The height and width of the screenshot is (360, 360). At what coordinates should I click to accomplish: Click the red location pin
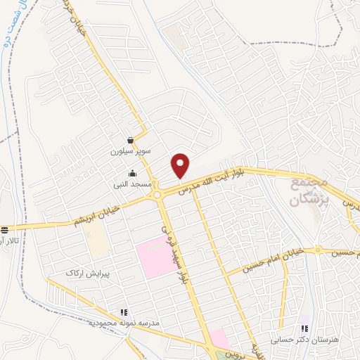click(181, 166)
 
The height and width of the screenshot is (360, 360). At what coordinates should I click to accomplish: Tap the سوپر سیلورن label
click(127, 151)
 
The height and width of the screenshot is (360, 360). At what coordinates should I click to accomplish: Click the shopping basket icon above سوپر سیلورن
click(131, 140)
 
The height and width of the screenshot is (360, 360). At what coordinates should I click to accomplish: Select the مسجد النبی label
click(129, 185)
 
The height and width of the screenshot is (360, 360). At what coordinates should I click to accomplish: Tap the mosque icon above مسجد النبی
click(131, 174)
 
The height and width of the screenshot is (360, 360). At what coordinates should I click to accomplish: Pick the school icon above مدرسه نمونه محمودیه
click(124, 312)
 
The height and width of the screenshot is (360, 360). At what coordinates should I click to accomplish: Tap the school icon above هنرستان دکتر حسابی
click(304, 328)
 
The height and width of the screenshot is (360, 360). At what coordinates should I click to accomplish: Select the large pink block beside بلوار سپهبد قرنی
click(157, 259)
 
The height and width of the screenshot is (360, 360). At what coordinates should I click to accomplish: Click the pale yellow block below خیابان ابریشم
click(98, 242)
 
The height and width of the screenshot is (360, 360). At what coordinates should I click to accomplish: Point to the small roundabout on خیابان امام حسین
click(317, 250)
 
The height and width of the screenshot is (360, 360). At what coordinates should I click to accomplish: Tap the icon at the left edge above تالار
click(5, 230)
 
